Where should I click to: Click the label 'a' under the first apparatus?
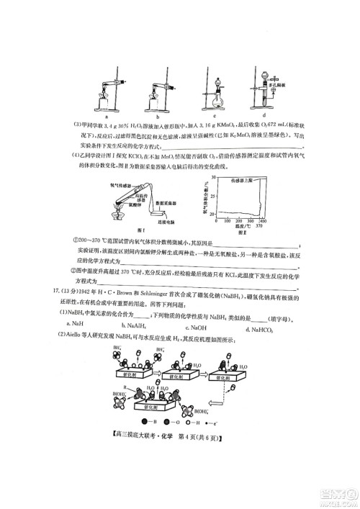coord(106,114)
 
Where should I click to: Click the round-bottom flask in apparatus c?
coord(215,94)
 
